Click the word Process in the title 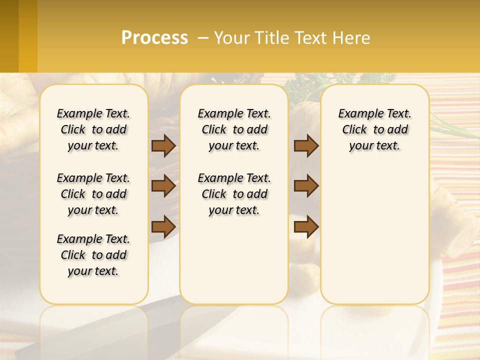(x=154, y=38)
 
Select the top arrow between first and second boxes (x=163, y=145)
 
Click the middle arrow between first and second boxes (x=163, y=186)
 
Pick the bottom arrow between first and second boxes (x=163, y=226)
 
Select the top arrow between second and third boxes (x=306, y=145)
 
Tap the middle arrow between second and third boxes (x=306, y=186)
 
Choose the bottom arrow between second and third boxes (x=306, y=226)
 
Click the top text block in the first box (x=93, y=129)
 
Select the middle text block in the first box (x=93, y=194)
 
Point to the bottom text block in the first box (x=93, y=255)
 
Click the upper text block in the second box (x=234, y=129)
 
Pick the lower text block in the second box (x=234, y=194)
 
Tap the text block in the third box (x=374, y=129)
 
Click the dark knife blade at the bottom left (x=75, y=330)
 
